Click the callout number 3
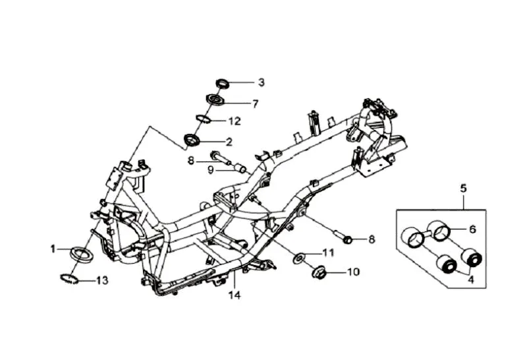pos(261,82)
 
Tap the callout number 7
pos(255,103)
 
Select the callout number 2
pos(229,141)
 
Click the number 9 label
pos(211,169)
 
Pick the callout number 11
pos(328,253)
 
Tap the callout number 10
pos(353,271)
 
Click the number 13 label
pos(101,280)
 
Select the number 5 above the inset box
pos(463,189)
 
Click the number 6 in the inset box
pos(472,229)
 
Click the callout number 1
pos(52,249)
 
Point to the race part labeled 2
pos(193,140)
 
